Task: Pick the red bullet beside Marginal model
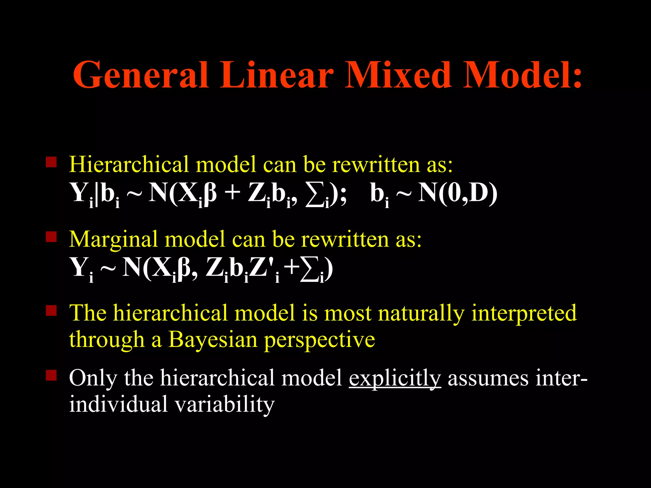click(51, 237)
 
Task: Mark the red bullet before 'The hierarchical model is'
click(51, 310)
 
